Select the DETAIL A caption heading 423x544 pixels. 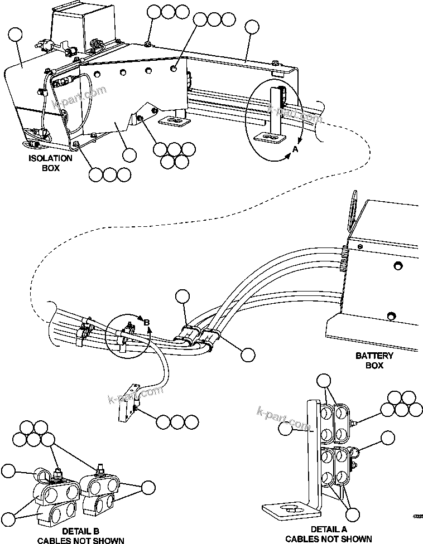pyautogui.click(x=328, y=528)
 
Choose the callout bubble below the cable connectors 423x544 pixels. pyautogui.click(x=247, y=354)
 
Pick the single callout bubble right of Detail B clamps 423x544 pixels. pyautogui.click(x=148, y=487)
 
